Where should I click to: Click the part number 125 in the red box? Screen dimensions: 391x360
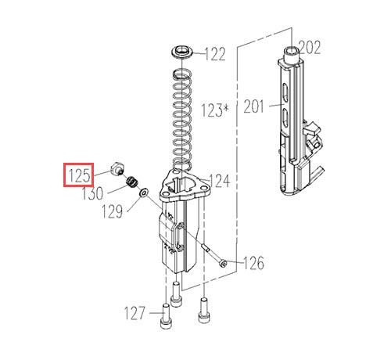pos(79,175)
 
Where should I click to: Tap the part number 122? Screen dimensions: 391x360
pos(215,54)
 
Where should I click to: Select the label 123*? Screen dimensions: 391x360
pos(215,110)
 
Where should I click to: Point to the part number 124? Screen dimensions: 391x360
pos(220,181)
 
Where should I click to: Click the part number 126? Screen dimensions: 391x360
pos(253,263)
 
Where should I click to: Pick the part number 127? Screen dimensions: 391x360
pos(135,313)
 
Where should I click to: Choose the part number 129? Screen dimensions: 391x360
pos(112,211)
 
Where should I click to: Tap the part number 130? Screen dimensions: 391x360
pos(93,193)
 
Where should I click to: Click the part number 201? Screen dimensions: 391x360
pos(253,106)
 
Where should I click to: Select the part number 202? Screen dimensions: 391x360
pos(310,47)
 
